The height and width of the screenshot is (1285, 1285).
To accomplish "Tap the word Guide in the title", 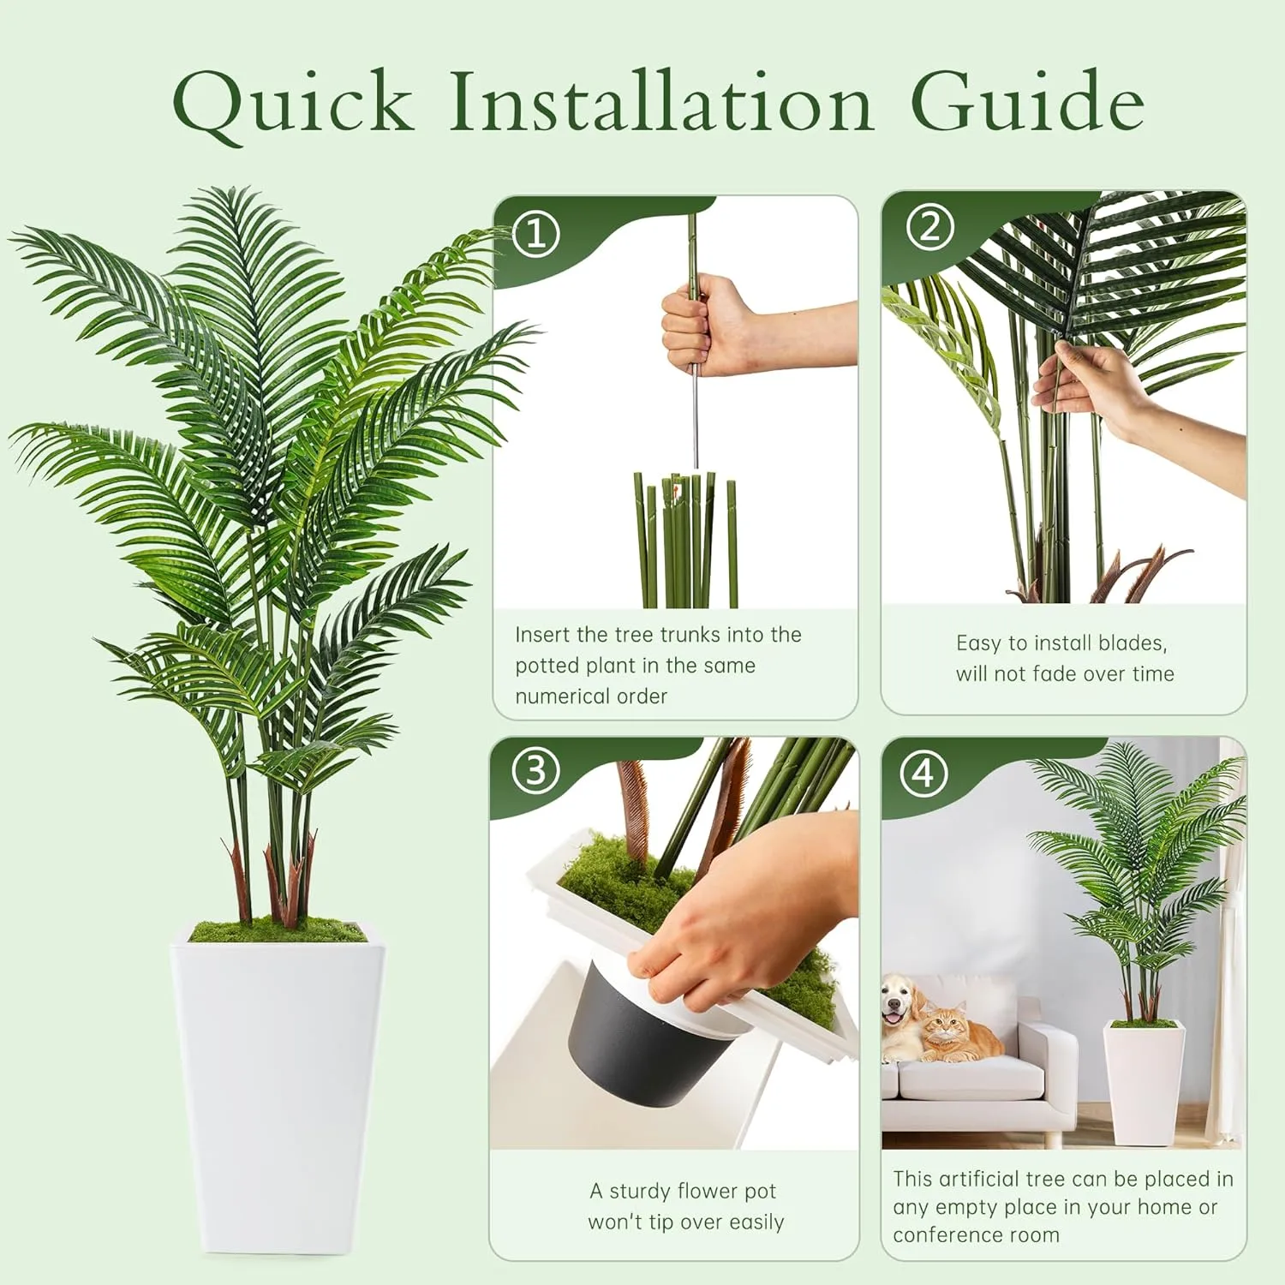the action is pyautogui.click(x=1027, y=100).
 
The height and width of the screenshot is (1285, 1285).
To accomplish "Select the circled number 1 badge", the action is pyautogui.click(x=537, y=234).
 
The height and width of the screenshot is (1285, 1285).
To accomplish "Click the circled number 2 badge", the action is pyautogui.click(x=929, y=227).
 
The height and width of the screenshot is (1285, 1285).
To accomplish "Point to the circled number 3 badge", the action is pyautogui.click(x=535, y=771).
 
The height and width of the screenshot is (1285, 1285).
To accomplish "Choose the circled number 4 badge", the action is pyautogui.click(x=923, y=774).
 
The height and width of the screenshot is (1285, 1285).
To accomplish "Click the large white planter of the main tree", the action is pyautogui.click(x=278, y=1088).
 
